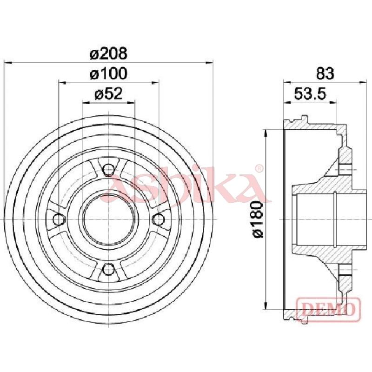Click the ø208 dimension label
[x=109, y=53]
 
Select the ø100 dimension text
[x=109, y=73]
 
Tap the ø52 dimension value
[x=109, y=94]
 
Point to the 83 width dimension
[x=325, y=73]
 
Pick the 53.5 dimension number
[x=310, y=94]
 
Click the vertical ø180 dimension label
[x=258, y=219]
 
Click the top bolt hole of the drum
[x=109, y=169]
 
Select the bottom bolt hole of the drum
[x=109, y=269]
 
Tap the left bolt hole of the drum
[x=59, y=219]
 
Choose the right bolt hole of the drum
[x=158, y=219]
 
